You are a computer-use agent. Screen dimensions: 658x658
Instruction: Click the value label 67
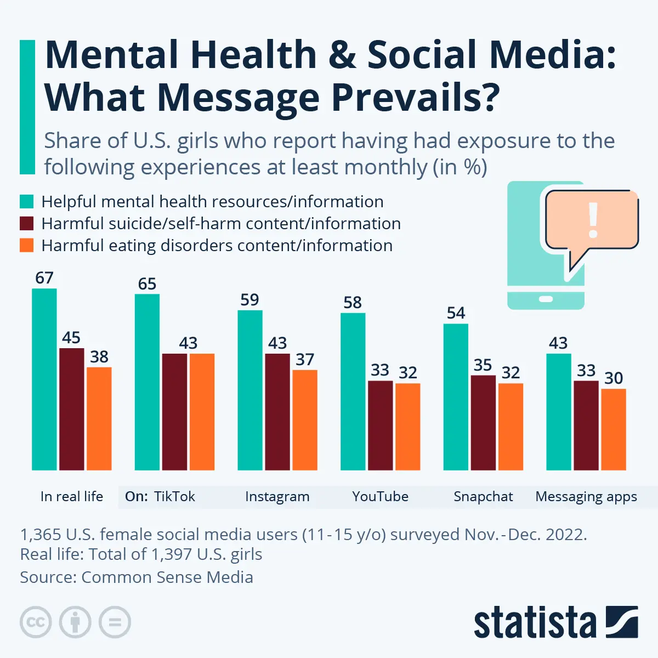(x=44, y=278)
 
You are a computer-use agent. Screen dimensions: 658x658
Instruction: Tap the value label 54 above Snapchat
(x=456, y=313)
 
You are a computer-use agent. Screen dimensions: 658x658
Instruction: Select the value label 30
(x=614, y=378)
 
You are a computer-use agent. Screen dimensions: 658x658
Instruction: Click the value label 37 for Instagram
(x=305, y=360)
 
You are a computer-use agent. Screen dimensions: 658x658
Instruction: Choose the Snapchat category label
(x=483, y=497)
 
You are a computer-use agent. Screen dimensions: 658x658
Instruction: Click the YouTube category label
(x=380, y=497)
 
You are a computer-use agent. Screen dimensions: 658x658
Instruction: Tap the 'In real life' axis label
(x=72, y=497)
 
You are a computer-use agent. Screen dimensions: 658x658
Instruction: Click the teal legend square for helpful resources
(x=27, y=202)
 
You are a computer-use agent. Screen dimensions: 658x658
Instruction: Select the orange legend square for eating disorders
(x=27, y=246)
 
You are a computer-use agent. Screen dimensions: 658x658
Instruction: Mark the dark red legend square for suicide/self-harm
(x=27, y=224)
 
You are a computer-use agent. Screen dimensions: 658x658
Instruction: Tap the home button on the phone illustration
(x=546, y=299)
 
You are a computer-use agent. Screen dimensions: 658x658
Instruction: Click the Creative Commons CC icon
(x=36, y=622)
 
